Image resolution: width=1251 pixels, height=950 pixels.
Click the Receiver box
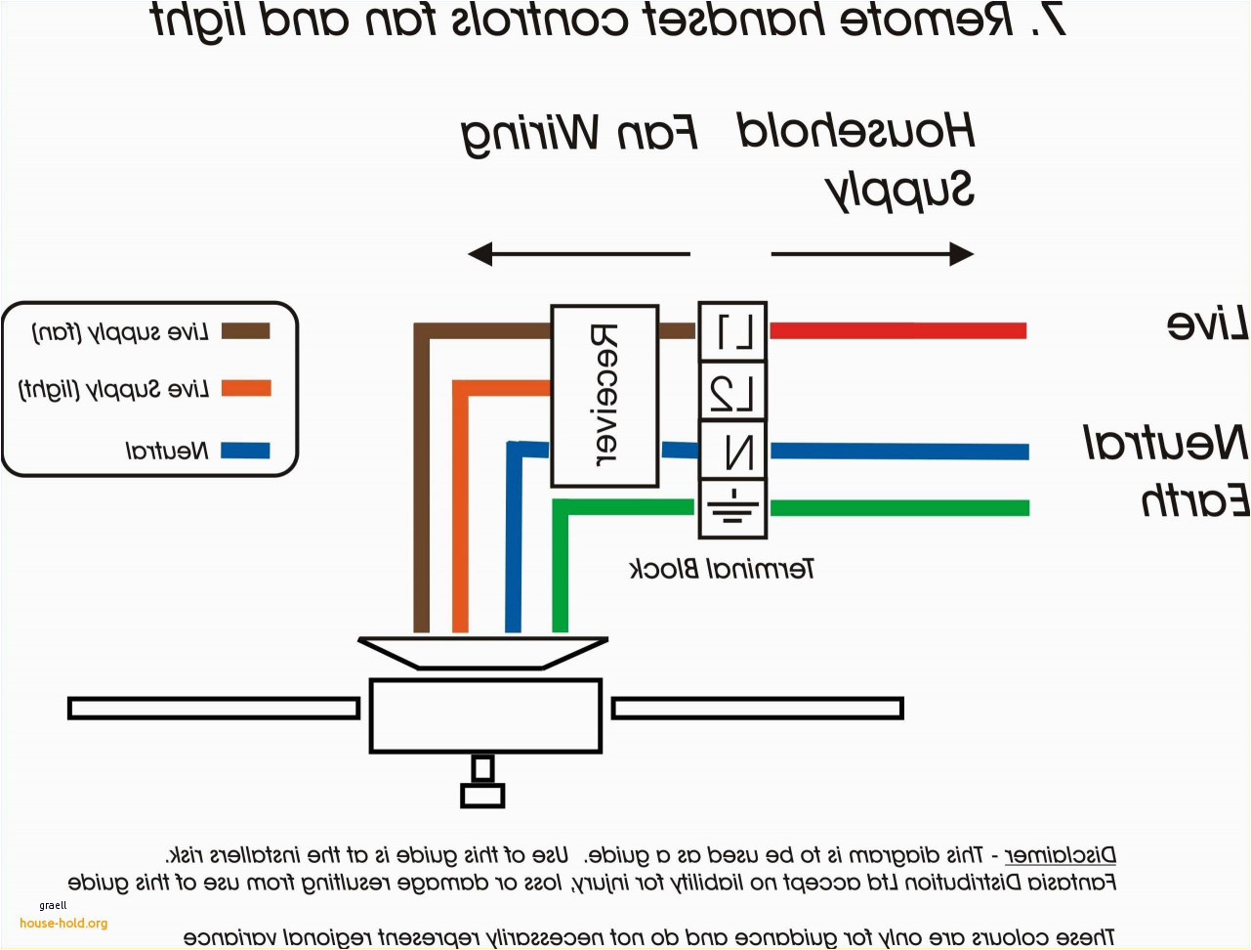click(604, 395)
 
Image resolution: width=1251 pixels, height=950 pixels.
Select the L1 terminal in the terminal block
click(732, 332)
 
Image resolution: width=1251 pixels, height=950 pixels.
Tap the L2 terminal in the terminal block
click(732, 392)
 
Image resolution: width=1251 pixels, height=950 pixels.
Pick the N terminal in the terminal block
click(732, 451)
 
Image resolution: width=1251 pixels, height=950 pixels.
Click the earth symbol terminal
click(732, 508)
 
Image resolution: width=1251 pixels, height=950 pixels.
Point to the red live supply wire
click(898, 330)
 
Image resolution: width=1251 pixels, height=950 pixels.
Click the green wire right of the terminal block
click(898, 508)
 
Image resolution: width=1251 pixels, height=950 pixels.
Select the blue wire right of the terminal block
click(898, 451)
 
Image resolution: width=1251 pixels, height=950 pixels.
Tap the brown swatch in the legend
click(245, 330)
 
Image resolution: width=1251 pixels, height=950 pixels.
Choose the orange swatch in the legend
click(245, 388)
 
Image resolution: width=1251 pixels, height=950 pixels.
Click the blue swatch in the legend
click(245, 451)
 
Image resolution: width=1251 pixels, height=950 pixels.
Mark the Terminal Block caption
click(722, 569)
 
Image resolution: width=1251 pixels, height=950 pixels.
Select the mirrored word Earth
click(1194, 500)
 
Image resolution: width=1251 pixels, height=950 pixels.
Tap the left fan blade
click(213, 708)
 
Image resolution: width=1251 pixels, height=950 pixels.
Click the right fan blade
click(757, 708)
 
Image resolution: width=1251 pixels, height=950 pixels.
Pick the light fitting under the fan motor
click(482, 782)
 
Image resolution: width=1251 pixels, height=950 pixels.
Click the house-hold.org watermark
click(63, 923)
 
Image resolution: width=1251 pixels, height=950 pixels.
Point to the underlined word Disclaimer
click(1060, 856)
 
